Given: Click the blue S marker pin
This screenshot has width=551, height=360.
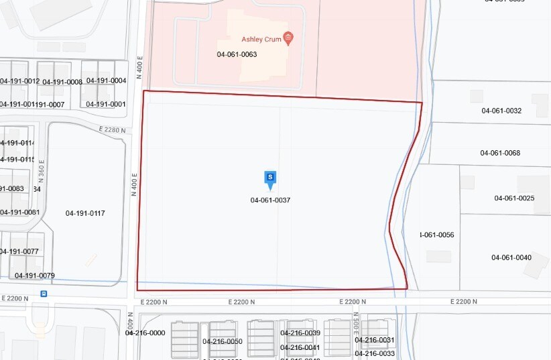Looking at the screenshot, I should click(x=270, y=178).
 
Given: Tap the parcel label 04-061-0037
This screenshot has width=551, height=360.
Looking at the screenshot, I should click(x=270, y=200).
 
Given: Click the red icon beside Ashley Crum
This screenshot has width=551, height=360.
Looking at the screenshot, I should click(x=288, y=38).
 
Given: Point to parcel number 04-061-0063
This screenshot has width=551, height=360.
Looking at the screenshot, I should click(x=237, y=54).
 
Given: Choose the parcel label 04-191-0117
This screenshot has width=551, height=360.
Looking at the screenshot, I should click(x=85, y=213).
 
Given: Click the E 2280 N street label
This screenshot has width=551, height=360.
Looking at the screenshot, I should click(x=112, y=129).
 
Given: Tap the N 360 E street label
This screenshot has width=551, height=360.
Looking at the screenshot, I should click(x=42, y=171).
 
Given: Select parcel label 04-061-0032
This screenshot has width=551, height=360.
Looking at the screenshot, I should click(x=501, y=111).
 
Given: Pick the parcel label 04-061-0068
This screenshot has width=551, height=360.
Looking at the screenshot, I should click(x=500, y=153).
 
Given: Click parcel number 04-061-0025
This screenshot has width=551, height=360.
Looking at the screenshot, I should click(x=514, y=198).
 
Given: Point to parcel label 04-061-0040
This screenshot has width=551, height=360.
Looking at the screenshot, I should click(x=511, y=257).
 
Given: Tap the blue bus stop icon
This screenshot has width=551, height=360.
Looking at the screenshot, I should click(x=44, y=293).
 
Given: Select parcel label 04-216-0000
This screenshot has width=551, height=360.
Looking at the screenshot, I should click(x=145, y=333).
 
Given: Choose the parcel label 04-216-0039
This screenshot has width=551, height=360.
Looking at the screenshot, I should click(x=300, y=333).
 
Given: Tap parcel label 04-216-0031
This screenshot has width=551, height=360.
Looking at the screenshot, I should click(x=375, y=340).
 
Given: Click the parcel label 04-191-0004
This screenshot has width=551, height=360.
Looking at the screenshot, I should click(x=106, y=80).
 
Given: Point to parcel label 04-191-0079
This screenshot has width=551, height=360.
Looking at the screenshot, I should click(x=35, y=276).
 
